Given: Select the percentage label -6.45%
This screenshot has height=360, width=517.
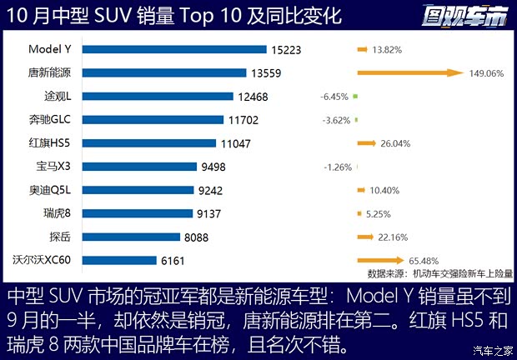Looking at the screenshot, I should tap(334, 97).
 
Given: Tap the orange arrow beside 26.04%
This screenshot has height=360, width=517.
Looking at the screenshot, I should tap(366, 143).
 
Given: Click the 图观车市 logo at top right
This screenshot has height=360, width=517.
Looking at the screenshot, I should tap(464, 15).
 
